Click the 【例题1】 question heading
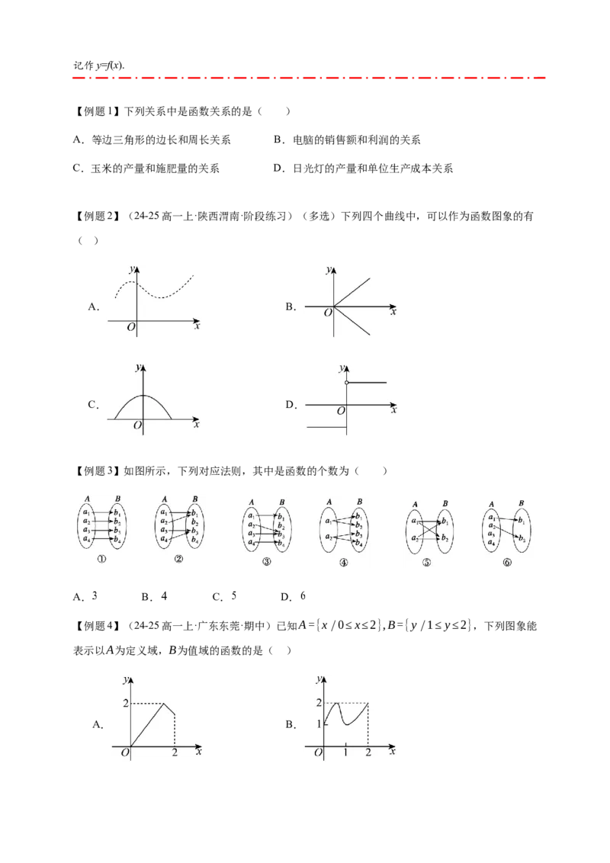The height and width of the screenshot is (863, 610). pyautogui.click(x=97, y=111)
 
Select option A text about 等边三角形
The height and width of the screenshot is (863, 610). pyautogui.click(x=152, y=140)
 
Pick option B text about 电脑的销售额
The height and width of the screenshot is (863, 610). pyautogui.click(x=347, y=140)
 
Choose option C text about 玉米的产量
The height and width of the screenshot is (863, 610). pyautogui.click(x=146, y=168)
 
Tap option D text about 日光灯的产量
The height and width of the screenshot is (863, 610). pyautogui.click(x=363, y=168)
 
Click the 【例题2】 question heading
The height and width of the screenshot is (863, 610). pyautogui.click(x=97, y=217)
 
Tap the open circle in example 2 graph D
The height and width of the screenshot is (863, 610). pyautogui.click(x=346, y=382)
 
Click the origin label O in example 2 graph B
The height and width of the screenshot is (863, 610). pyautogui.click(x=328, y=313)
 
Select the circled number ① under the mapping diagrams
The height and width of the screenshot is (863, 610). pyautogui.click(x=101, y=559)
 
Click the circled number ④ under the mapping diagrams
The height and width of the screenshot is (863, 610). pyautogui.click(x=344, y=563)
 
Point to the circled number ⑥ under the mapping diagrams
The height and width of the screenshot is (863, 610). pyautogui.click(x=507, y=563)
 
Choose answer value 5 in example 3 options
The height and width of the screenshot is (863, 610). pyautogui.click(x=234, y=596)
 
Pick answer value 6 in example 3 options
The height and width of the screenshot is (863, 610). pyautogui.click(x=303, y=596)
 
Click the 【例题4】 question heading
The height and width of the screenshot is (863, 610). pyautogui.click(x=97, y=626)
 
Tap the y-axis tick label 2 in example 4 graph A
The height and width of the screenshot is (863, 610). pyautogui.click(x=126, y=703)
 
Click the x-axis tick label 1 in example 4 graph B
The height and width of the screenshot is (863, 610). pyautogui.click(x=345, y=752)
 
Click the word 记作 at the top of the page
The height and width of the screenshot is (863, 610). pyautogui.click(x=83, y=66)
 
